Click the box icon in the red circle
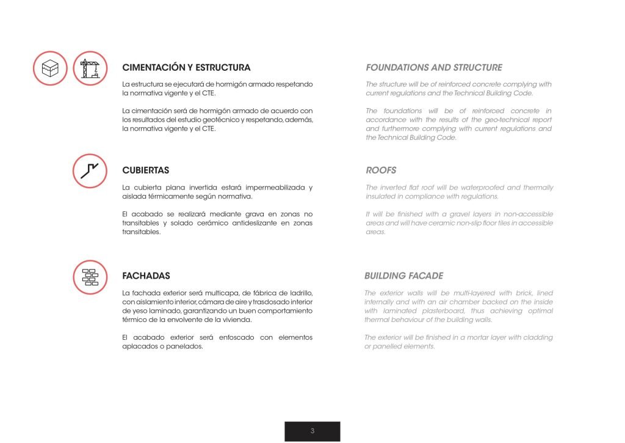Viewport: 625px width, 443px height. click(x=51, y=68)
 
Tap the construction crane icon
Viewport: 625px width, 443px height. click(x=90, y=68)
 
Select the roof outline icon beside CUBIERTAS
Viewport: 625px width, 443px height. click(x=90, y=170)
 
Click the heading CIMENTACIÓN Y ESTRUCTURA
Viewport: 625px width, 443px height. click(x=186, y=68)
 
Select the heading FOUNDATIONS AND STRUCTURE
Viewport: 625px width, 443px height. click(x=434, y=68)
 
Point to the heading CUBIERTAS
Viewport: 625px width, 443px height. click(x=146, y=170)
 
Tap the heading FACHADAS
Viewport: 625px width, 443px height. click(x=146, y=276)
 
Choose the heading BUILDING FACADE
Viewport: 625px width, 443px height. click(x=403, y=276)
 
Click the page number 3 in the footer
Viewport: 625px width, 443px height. click(x=312, y=431)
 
